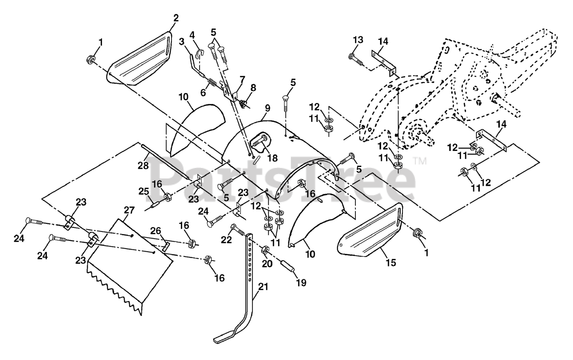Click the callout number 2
click(176, 18)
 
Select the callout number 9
click(267, 108)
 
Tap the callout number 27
click(129, 210)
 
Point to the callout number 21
click(263, 287)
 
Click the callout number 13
click(358, 40)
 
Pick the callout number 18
click(273, 158)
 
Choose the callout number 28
click(143, 166)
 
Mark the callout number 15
click(391, 262)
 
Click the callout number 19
click(301, 283)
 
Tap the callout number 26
click(155, 231)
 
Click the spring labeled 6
click(213, 83)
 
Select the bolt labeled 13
click(356, 60)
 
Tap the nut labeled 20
click(265, 249)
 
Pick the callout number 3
click(181, 42)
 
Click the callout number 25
click(144, 191)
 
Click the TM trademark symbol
click(419, 161)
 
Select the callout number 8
click(253, 88)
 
